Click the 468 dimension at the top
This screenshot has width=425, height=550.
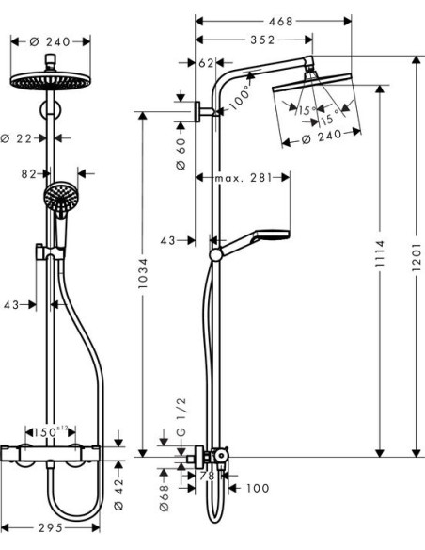point(273,19)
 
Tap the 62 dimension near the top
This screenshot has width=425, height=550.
point(207,62)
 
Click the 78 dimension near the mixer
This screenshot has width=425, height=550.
point(209,477)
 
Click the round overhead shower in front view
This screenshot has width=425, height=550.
point(53,79)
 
